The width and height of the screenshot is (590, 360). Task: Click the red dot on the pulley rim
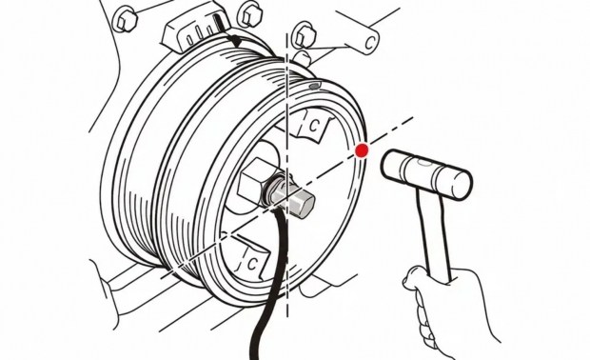(x=362, y=150)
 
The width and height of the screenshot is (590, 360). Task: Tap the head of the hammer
(x=426, y=174)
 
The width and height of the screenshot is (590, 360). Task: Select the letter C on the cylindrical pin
(x=370, y=42)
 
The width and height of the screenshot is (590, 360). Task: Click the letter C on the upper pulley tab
(x=313, y=126)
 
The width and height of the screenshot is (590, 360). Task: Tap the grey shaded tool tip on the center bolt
(x=297, y=199)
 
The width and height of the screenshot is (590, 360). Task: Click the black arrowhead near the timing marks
(x=236, y=41)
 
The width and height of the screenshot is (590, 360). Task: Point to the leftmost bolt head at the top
(x=124, y=20)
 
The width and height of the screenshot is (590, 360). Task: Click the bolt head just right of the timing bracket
(x=248, y=14)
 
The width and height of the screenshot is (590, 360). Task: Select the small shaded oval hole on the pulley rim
(x=314, y=86)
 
